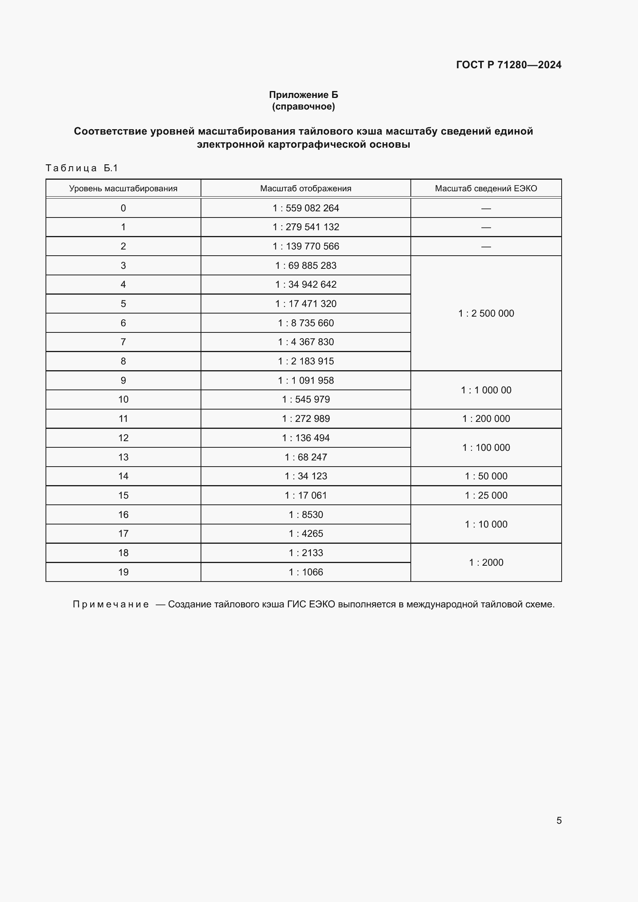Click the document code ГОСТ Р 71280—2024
click(x=508, y=65)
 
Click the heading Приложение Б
click(x=303, y=95)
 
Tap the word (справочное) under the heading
click(x=303, y=106)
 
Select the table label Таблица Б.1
click(x=82, y=168)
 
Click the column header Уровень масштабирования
click(x=123, y=189)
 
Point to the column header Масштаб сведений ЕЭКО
click(x=486, y=189)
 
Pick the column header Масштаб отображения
click(x=305, y=189)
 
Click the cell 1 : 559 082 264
click(x=305, y=208)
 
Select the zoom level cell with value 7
click(x=123, y=342)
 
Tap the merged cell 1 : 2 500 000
click(x=486, y=313)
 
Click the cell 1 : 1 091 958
click(x=305, y=380)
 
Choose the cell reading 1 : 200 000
click(x=486, y=418)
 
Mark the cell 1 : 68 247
click(x=305, y=457)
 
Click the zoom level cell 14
click(x=123, y=476)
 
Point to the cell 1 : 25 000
click(x=486, y=496)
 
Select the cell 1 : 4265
click(x=305, y=533)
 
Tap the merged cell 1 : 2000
click(x=486, y=562)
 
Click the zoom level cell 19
click(x=123, y=572)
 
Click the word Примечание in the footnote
click(x=111, y=604)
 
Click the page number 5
click(x=559, y=820)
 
